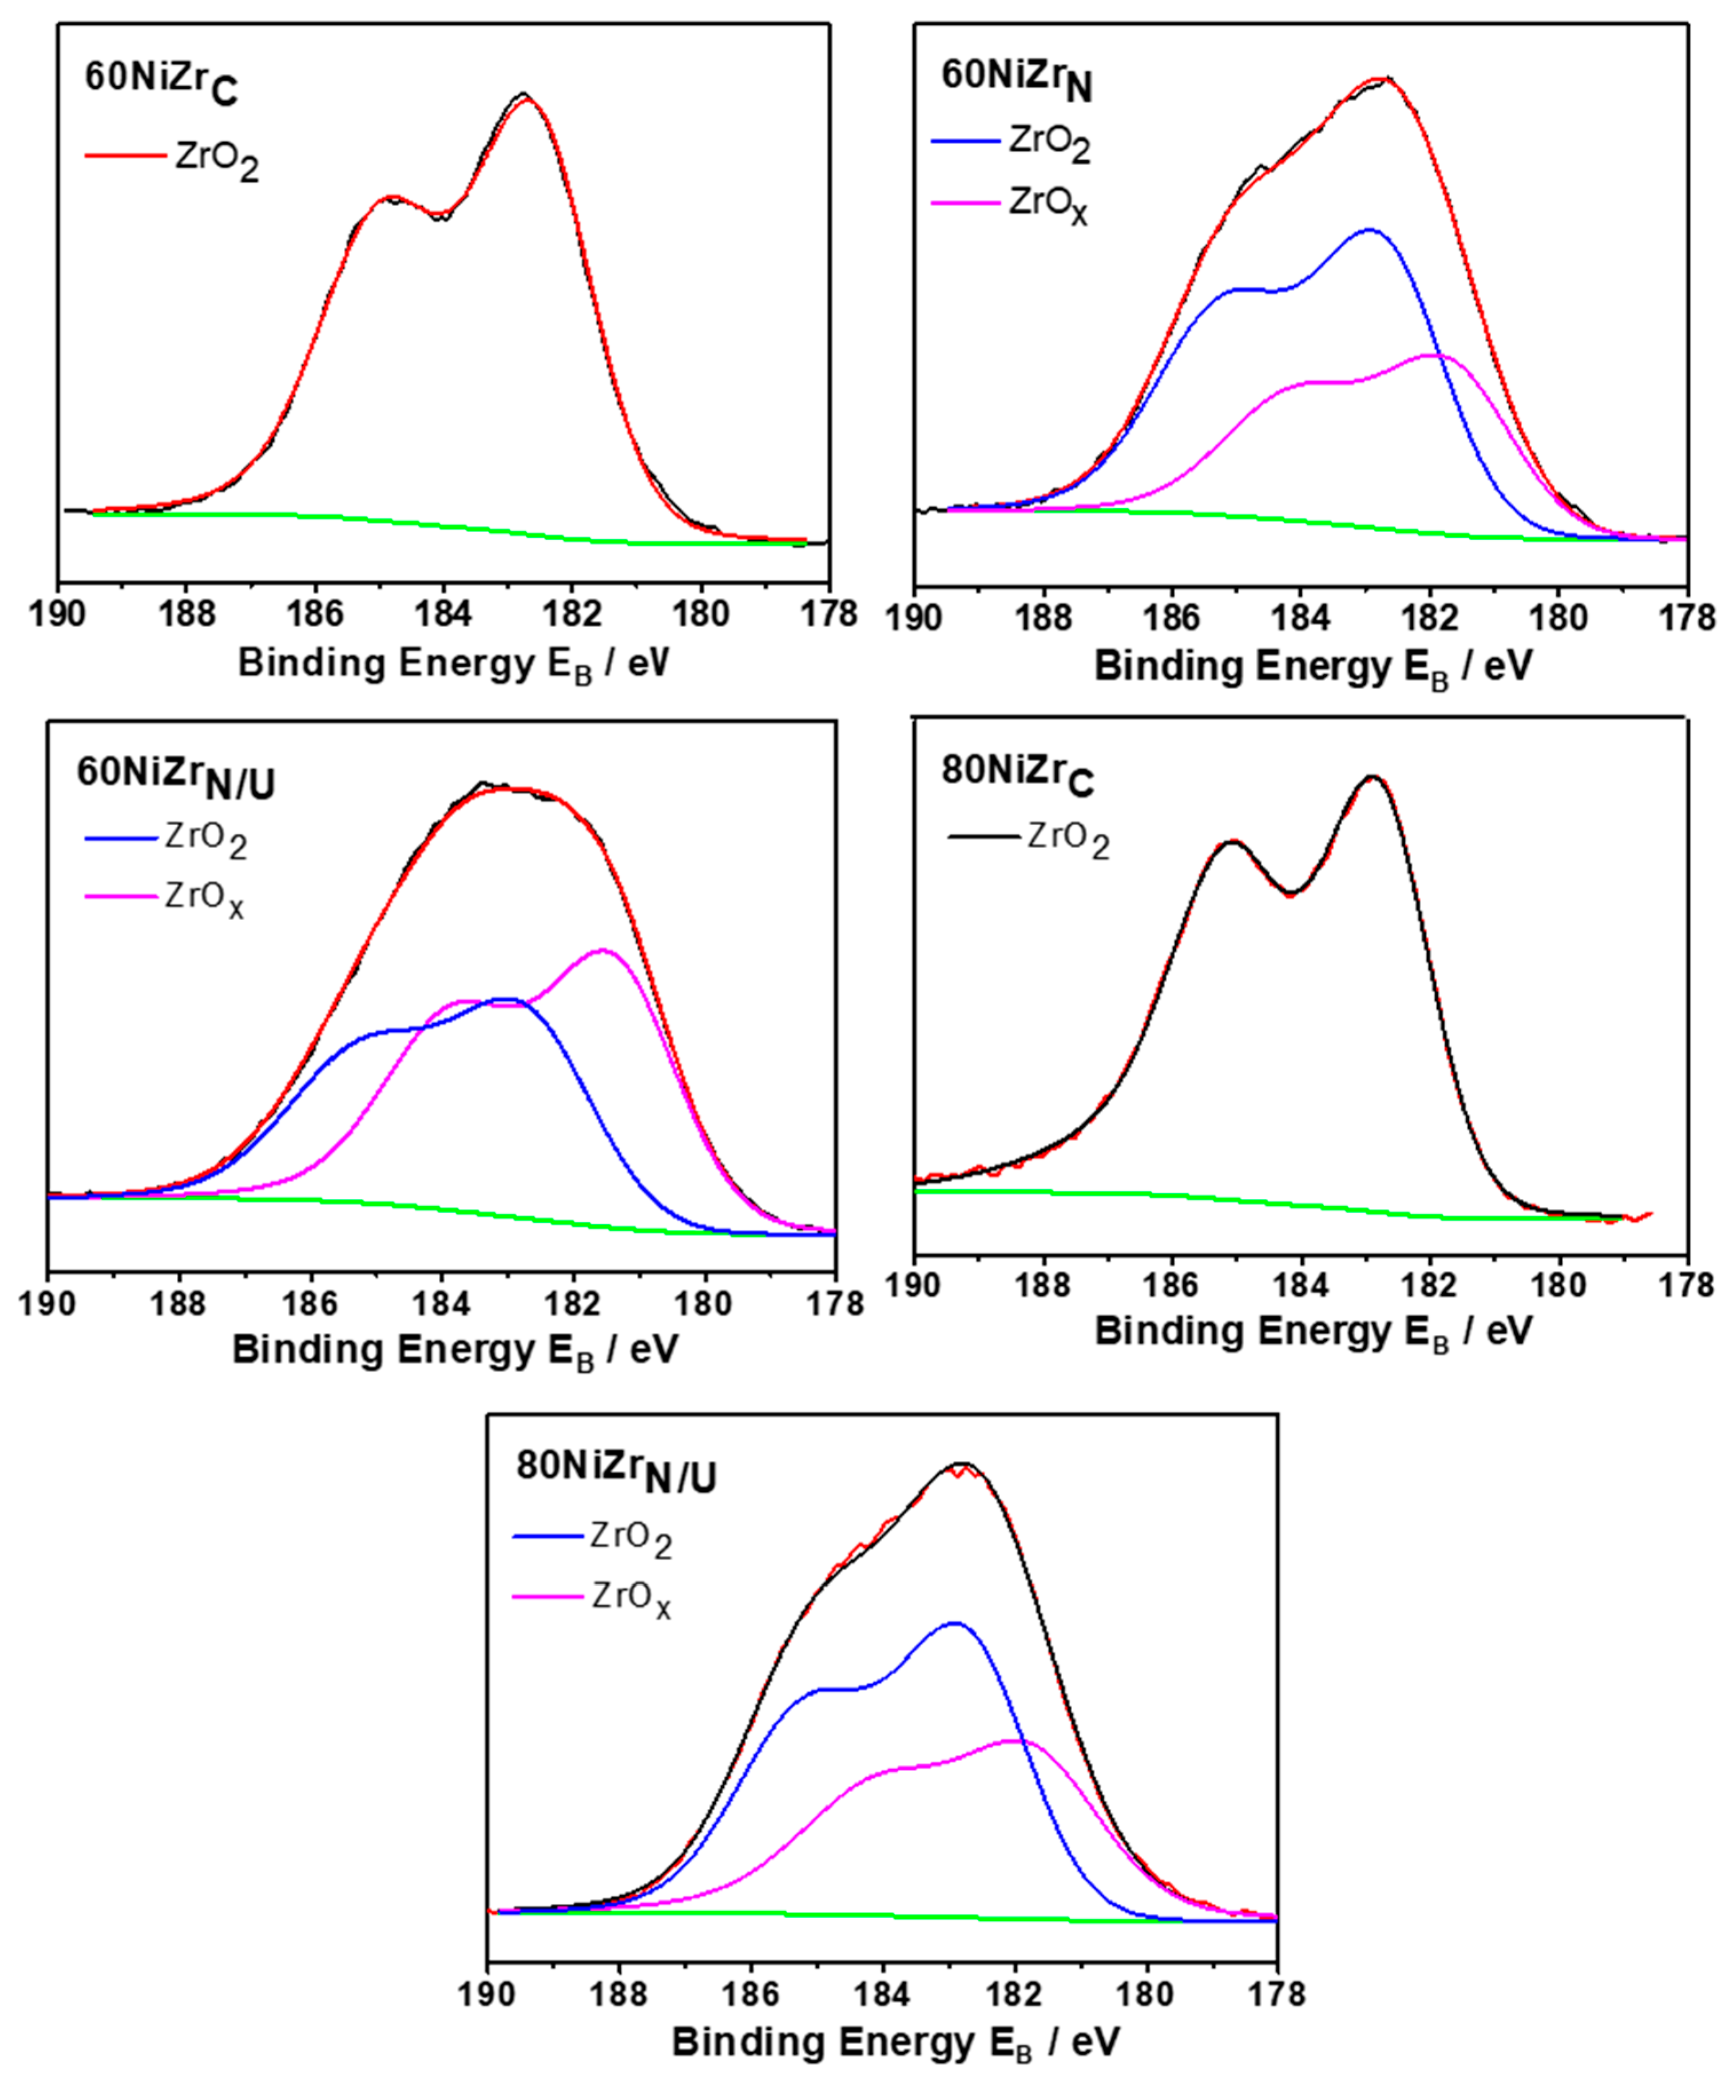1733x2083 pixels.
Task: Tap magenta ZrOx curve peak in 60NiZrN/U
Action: pyautogui.click(x=602, y=951)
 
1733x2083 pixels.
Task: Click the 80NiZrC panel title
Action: pyautogui.click(x=1017, y=775)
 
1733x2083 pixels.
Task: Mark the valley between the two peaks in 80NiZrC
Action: pyautogui.click(x=1291, y=892)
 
